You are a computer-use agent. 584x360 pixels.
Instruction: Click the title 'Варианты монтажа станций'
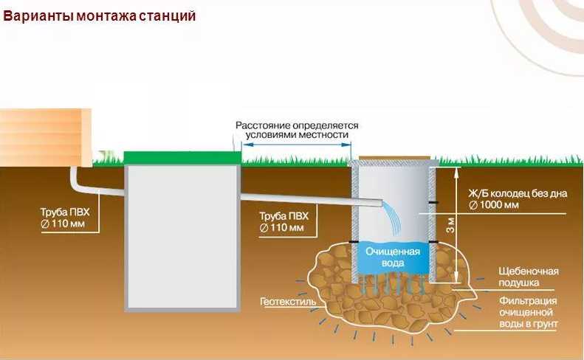100,15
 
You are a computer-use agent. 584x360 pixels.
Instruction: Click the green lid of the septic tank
182,157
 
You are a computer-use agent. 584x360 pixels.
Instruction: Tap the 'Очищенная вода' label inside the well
392,257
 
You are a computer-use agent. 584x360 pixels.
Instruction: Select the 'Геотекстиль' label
288,302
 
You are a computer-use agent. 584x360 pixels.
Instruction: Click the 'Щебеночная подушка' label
528,277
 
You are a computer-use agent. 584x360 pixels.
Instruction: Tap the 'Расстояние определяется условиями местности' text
297,131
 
